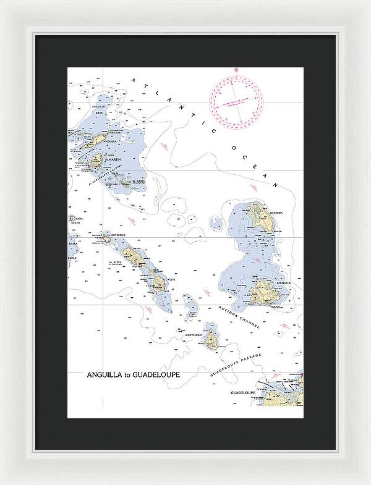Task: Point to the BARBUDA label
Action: (275, 212)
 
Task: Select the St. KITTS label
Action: (116, 263)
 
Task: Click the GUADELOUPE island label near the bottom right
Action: (243, 392)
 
